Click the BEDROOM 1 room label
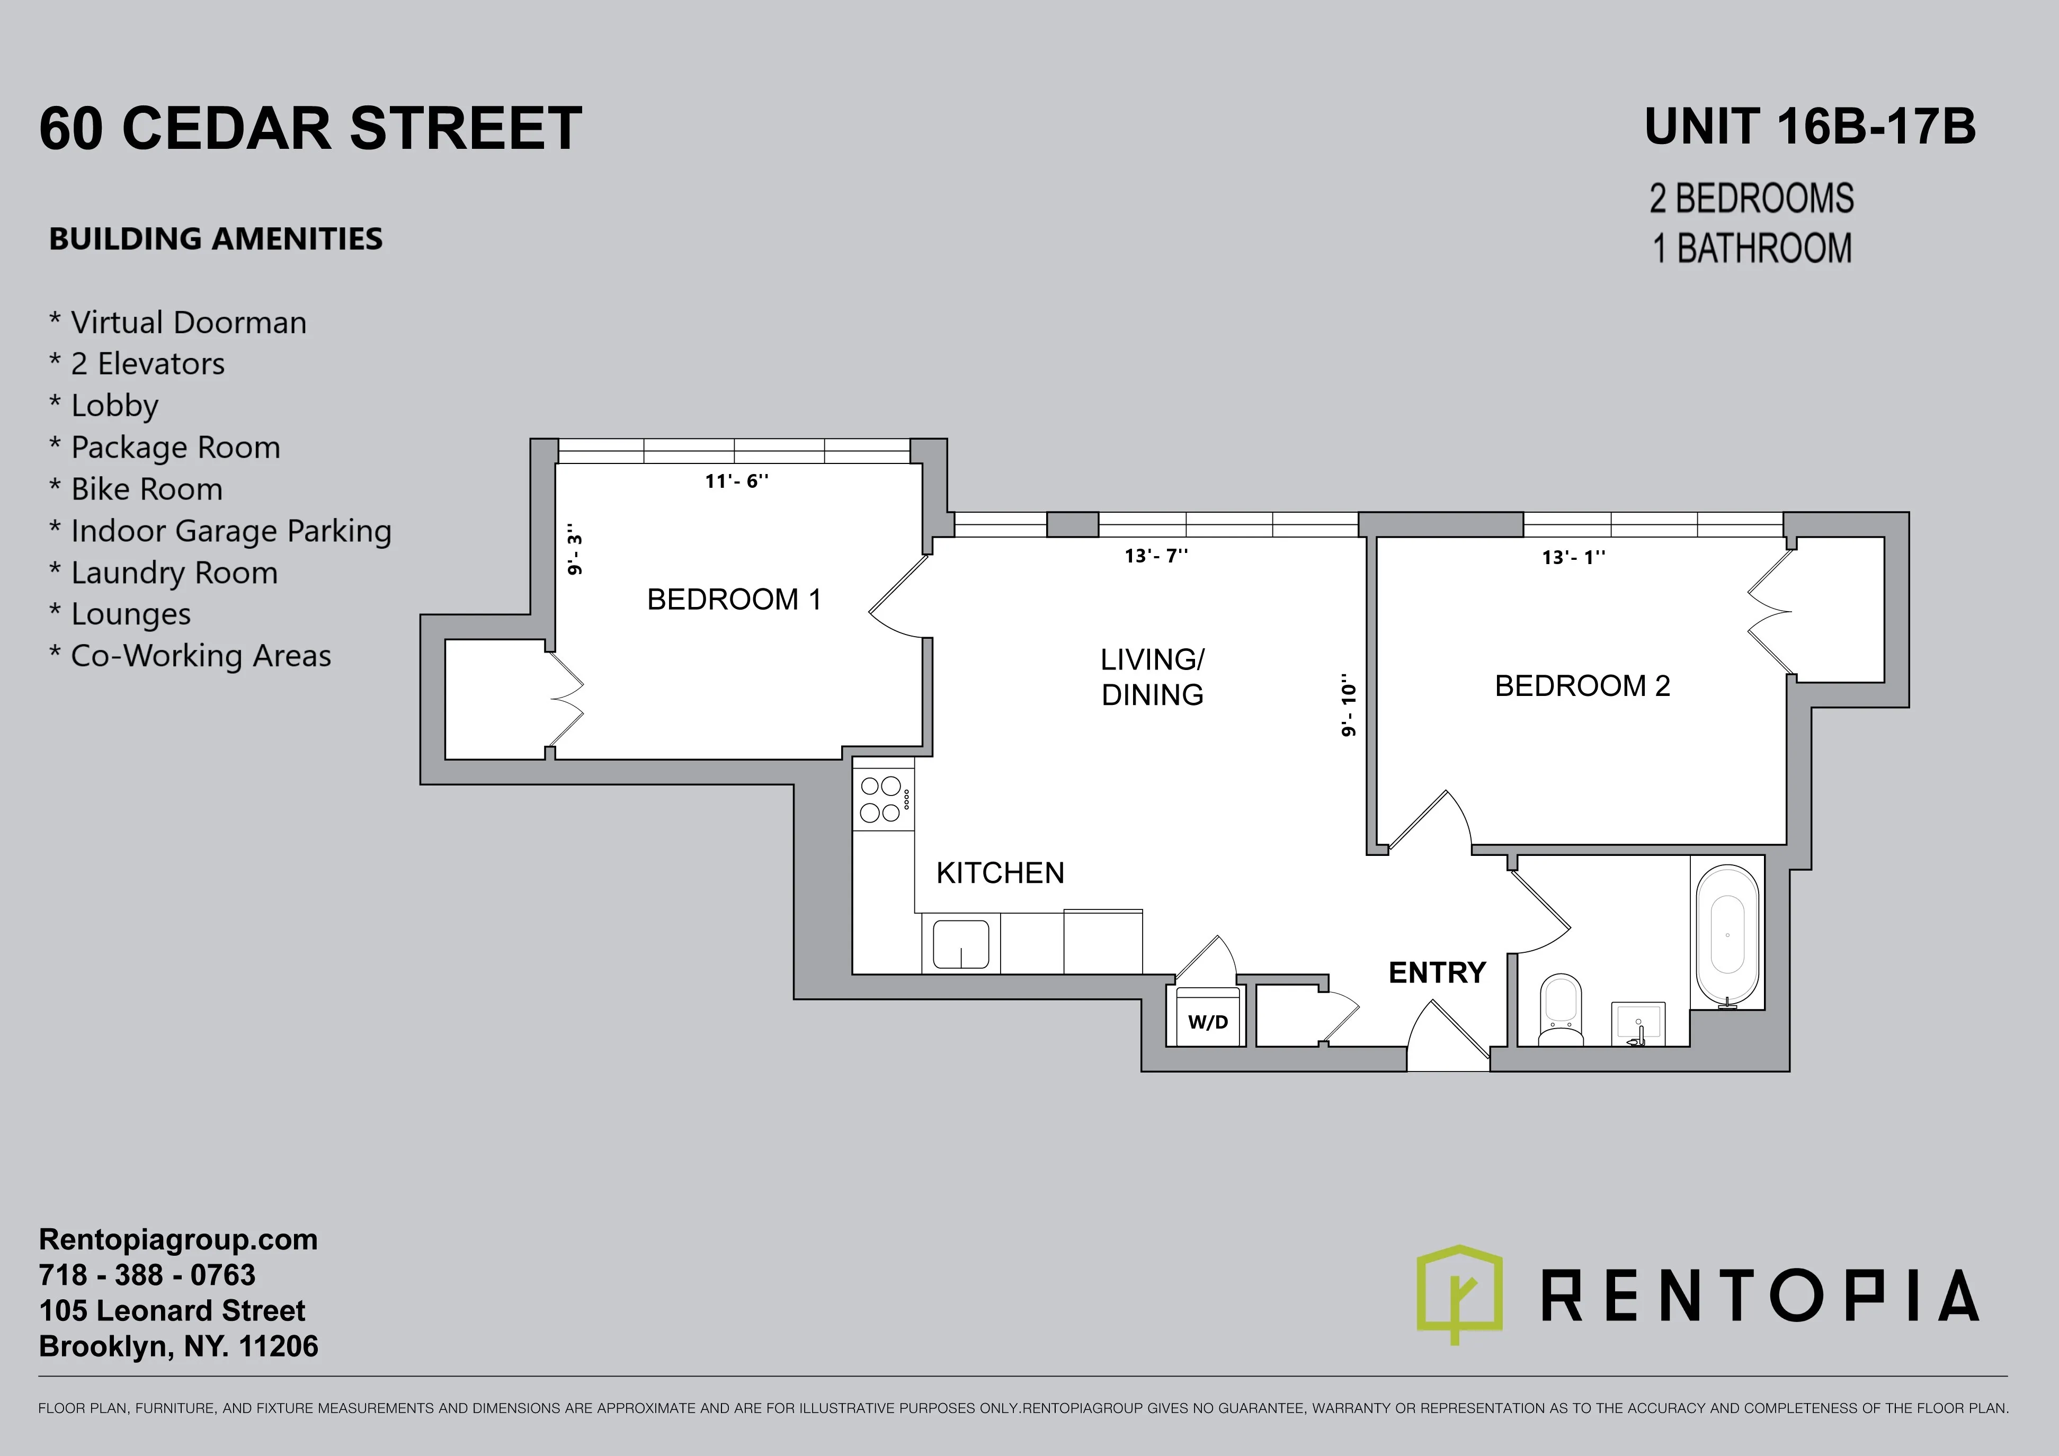coord(734,599)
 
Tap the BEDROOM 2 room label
coord(1582,686)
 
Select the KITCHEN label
coord(1000,872)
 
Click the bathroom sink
coord(1637,1023)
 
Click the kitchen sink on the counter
coord(960,944)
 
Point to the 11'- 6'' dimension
coord(736,481)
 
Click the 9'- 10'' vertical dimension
coord(1348,707)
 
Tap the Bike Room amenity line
coord(146,489)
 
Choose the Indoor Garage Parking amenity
coord(230,531)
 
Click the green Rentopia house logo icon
coord(1459,1291)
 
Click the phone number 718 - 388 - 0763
coord(147,1275)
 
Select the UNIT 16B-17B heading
coord(1810,127)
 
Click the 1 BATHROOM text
coord(1751,248)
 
